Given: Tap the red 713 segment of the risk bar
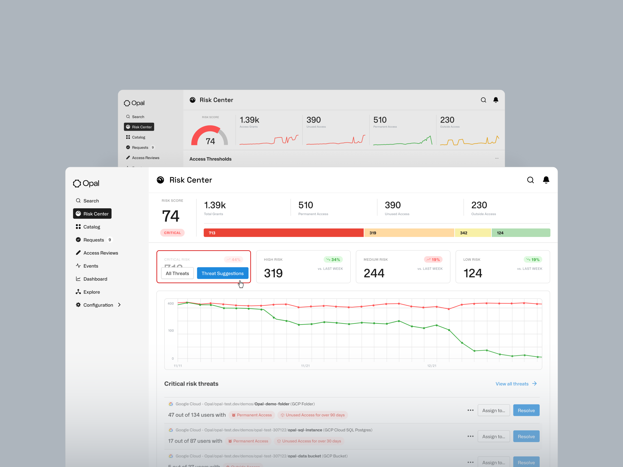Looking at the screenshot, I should pos(283,233).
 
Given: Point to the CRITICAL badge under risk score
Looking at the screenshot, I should pos(172,233).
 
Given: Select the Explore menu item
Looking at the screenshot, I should pos(92,292).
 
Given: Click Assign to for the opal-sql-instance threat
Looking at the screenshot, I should pos(493,436).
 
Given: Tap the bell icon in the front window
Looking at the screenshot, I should pos(546,180).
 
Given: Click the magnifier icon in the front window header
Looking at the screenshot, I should pos(530,180).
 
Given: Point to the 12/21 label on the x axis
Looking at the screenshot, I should pos(432,366).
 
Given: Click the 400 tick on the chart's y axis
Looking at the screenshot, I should pos(171,303).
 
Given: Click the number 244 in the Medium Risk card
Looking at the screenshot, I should pos(374,273).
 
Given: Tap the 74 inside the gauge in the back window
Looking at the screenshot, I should pos(210,141).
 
